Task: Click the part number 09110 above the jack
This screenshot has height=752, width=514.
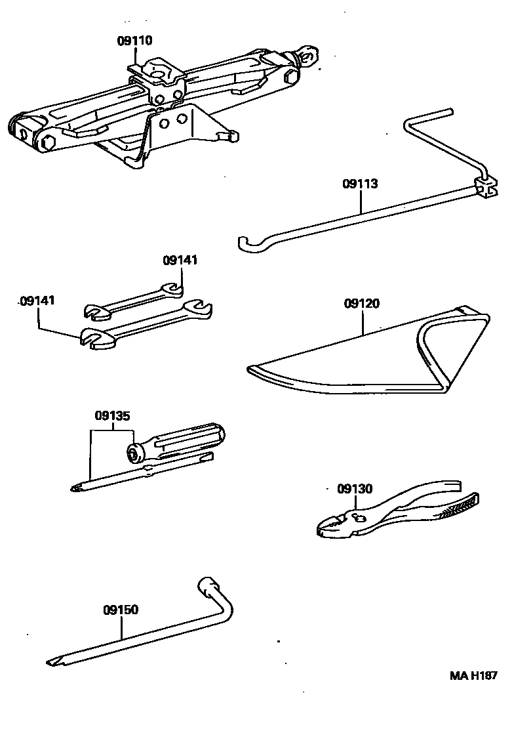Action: click(x=135, y=41)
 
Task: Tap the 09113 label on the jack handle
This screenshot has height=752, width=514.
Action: click(x=360, y=184)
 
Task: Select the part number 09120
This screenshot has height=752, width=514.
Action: click(x=361, y=304)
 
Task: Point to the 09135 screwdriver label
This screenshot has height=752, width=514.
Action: click(x=113, y=415)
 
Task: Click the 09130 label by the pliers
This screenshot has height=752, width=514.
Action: click(x=355, y=489)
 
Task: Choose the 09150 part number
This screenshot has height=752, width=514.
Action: click(x=120, y=610)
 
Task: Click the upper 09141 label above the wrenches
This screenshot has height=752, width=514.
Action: click(x=180, y=261)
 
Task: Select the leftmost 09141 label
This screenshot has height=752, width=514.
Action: click(x=37, y=301)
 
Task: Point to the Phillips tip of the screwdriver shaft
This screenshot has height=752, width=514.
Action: click(x=75, y=487)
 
